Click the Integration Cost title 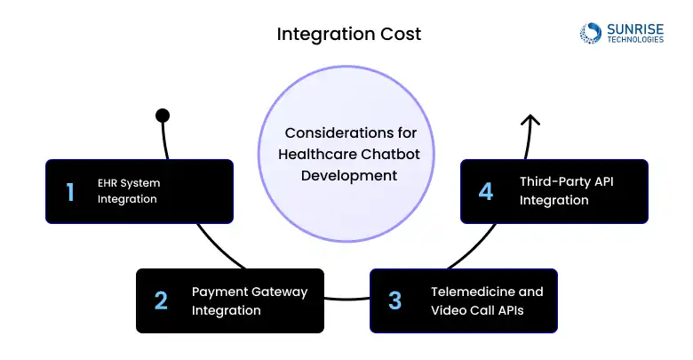[348, 35]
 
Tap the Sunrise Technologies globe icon [591, 33]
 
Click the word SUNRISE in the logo [634, 28]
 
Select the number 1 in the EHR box [70, 191]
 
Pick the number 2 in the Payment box [161, 300]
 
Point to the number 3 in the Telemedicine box [395, 300]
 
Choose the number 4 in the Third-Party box [485, 191]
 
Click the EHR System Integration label [129, 191]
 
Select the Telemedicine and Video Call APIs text [487, 300]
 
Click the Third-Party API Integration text [565, 191]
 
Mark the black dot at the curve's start [163, 116]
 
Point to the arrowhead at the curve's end [530, 121]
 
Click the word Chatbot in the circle [392, 154]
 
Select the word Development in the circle [349, 175]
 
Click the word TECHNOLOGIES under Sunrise [634, 40]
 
